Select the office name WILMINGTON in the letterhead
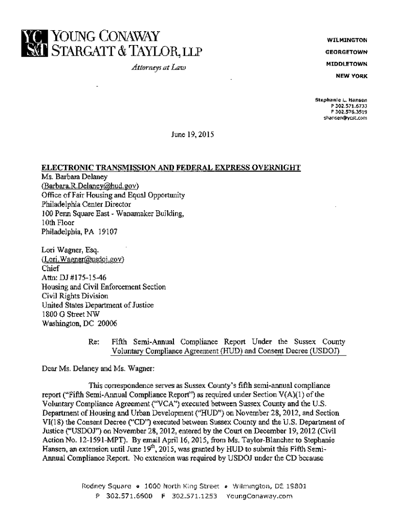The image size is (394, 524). point(347,39)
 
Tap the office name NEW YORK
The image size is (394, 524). point(352,76)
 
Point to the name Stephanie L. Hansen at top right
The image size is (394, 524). point(341,99)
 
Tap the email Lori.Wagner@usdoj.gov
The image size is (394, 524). point(83,259)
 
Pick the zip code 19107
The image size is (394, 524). point(107,232)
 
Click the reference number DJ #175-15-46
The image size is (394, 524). point(77,278)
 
